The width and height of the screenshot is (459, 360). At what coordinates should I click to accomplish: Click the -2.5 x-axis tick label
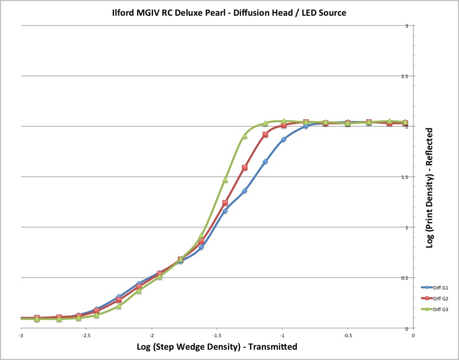point(86,336)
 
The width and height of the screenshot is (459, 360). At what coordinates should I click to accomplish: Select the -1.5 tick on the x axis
point(216,336)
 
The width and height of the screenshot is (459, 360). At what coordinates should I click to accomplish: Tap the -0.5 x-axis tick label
point(347,336)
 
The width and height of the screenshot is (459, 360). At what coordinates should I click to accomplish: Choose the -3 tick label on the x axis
point(21,336)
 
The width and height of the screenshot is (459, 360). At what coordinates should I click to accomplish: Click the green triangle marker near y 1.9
point(245,136)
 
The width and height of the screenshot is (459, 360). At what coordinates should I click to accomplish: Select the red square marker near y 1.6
point(245,168)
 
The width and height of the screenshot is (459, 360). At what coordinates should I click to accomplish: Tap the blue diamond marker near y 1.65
point(265,162)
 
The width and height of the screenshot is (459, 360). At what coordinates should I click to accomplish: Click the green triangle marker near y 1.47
point(225,179)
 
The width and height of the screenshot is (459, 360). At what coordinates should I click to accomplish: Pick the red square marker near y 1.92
point(265,134)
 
